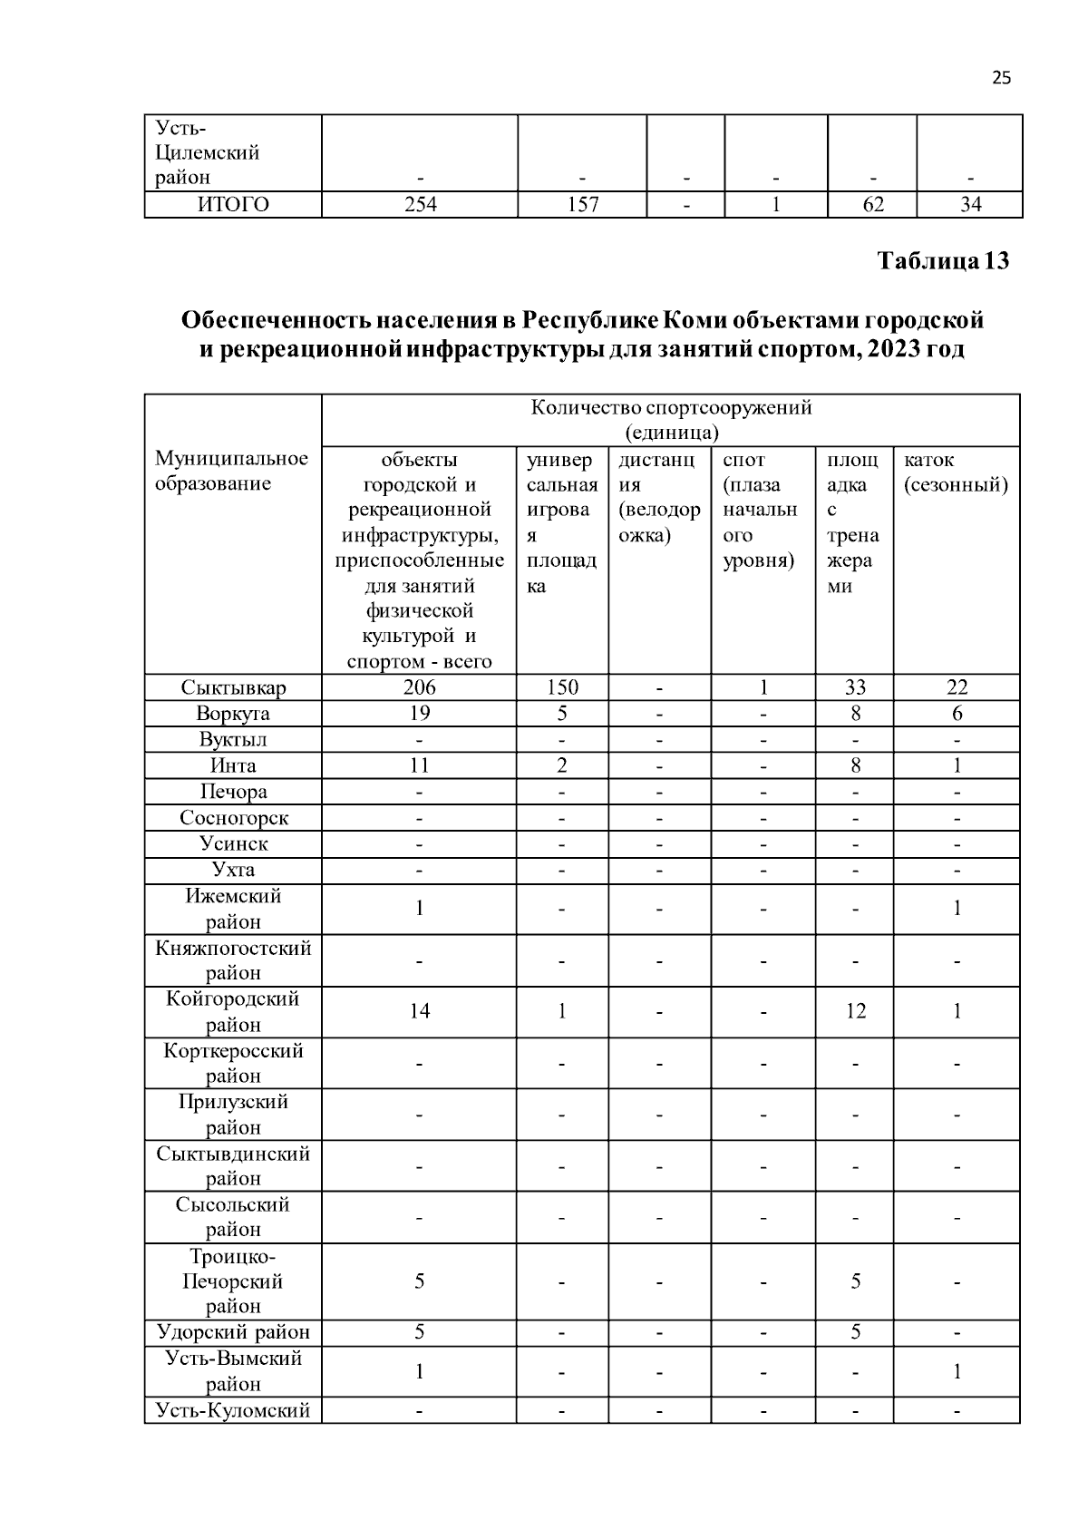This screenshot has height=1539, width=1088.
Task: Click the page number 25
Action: click(x=1001, y=77)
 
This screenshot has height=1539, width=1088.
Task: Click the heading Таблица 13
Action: click(x=943, y=261)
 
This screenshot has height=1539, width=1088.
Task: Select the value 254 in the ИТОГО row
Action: click(x=420, y=205)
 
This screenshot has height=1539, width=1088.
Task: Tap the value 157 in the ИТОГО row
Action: click(x=582, y=205)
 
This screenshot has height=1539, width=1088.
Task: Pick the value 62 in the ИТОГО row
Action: click(x=872, y=205)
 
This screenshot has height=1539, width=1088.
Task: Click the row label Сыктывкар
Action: click(x=233, y=687)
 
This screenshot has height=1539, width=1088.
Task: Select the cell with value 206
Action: click(x=420, y=687)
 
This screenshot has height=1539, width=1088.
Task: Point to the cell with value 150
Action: click(x=562, y=687)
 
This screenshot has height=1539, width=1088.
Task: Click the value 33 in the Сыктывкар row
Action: click(x=855, y=687)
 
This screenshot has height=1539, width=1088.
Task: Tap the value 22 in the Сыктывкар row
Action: click(x=957, y=687)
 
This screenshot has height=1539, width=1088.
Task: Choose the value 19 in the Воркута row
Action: click(x=420, y=714)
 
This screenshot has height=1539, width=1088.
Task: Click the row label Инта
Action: click(x=233, y=765)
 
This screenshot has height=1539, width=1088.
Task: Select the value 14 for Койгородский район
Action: click(x=420, y=1011)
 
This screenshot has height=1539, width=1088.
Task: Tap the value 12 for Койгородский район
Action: click(x=855, y=1011)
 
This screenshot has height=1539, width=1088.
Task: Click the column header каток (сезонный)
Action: click(x=956, y=472)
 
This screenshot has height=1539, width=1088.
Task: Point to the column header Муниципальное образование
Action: click(x=231, y=471)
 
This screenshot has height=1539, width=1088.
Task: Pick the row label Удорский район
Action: click(x=233, y=1332)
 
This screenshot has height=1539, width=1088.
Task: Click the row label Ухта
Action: click(x=233, y=870)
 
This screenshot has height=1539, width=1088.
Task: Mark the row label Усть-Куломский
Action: click(x=233, y=1410)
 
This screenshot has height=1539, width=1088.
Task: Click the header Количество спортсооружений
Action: click(x=671, y=408)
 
